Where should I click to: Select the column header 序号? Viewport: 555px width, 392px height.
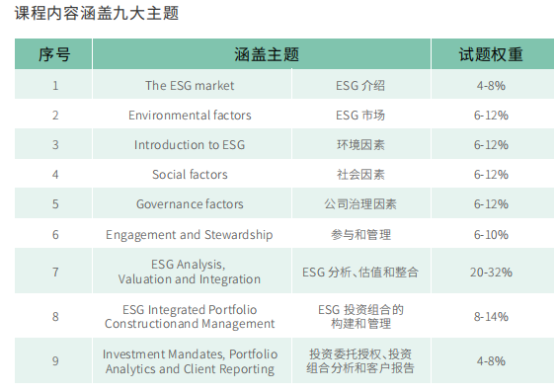(54, 54)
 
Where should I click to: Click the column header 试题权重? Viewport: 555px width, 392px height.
(491, 54)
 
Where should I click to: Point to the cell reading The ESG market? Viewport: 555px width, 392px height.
(190, 86)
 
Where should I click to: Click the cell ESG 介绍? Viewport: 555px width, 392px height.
(360, 86)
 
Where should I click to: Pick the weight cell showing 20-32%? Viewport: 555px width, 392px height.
(491, 272)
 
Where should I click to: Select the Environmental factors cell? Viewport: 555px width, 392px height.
(190, 116)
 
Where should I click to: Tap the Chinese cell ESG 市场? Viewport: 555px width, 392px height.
(360, 116)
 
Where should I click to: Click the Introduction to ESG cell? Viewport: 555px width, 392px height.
(190, 145)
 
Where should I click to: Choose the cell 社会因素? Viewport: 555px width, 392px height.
(360, 175)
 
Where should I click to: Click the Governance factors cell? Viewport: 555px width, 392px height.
(190, 204)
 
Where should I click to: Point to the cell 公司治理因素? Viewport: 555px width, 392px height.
(360, 204)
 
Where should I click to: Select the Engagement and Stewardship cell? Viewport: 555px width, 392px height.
(190, 235)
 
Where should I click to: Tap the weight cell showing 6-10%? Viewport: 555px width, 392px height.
(491, 235)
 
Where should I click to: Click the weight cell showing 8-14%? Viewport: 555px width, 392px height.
(491, 316)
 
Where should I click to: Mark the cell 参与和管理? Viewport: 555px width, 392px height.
(360, 235)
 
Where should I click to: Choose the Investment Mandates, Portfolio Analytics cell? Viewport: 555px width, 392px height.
(190, 361)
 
